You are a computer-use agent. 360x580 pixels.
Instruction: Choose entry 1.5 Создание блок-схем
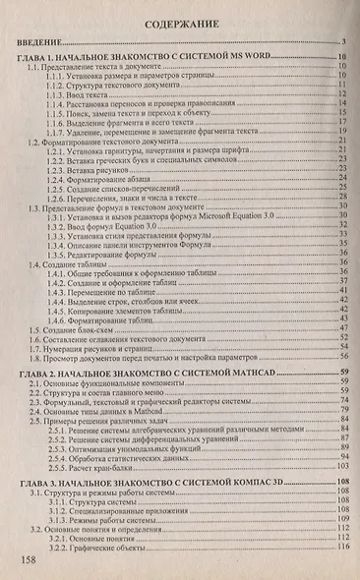click(x=75, y=327)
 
